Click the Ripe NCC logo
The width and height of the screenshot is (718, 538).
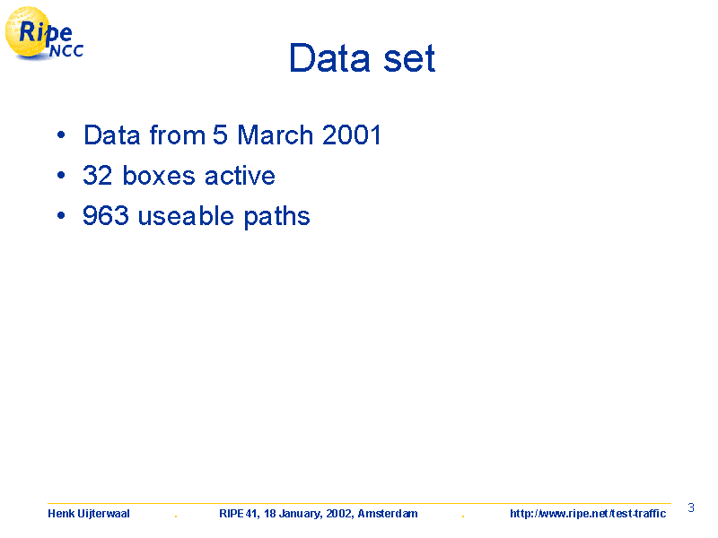click(x=44, y=33)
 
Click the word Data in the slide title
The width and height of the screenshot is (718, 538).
click(x=329, y=57)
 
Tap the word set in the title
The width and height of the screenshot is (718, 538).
click(x=409, y=58)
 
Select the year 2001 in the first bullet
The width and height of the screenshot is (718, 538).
click(x=352, y=135)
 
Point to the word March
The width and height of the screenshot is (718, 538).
click(x=276, y=135)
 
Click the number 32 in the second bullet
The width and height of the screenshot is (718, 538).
click(x=98, y=175)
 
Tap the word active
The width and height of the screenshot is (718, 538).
click(x=240, y=175)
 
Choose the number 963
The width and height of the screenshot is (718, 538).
click(x=106, y=215)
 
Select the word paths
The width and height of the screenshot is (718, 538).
click(x=276, y=216)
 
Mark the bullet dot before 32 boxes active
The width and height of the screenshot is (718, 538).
click(x=61, y=175)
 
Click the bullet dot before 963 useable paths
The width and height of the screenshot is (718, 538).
click(x=61, y=215)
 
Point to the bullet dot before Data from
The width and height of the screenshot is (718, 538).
click(x=61, y=135)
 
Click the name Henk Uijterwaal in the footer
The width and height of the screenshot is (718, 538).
click(x=88, y=514)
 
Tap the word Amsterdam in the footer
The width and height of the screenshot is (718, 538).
click(x=388, y=514)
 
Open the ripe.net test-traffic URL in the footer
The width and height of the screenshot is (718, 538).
click(x=588, y=514)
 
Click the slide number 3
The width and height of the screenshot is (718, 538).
click(x=691, y=508)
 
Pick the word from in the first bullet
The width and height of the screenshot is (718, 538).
click(x=178, y=135)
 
